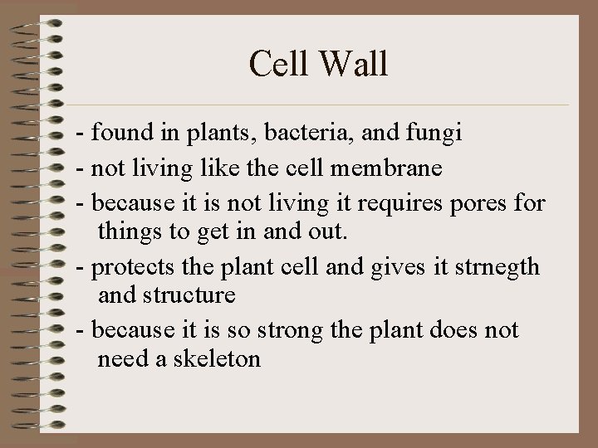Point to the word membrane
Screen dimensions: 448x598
393,168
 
